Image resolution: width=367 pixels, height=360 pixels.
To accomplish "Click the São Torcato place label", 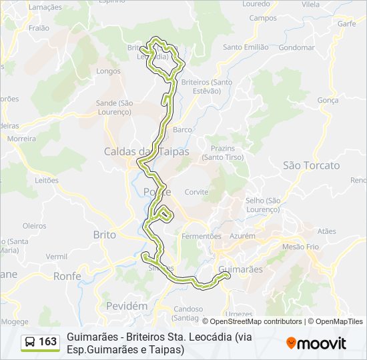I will click(x=311, y=165).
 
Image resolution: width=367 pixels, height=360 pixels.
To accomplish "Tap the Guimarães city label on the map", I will click(x=241, y=269).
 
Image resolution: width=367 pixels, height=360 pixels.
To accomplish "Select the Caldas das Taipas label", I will click(x=146, y=151).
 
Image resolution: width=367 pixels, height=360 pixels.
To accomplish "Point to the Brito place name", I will click(x=104, y=235).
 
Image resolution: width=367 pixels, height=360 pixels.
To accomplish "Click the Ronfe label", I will click(x=67, y=275).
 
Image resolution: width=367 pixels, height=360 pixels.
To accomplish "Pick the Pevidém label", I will click(x=126, y=305).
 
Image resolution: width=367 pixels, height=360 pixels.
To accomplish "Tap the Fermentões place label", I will click(x=202, y=236).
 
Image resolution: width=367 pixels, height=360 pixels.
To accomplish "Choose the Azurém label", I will click(x=242, y=236).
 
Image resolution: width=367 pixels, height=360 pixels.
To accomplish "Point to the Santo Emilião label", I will click(x=246, y=47).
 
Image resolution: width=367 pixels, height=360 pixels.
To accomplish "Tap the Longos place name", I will click(x=108, y=71).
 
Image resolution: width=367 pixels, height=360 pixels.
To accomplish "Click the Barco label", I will click(x=182, y=129).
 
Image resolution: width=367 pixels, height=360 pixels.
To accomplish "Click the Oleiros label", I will click(x=34, y=226).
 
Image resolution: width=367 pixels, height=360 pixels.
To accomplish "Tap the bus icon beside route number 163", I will click(x=30, y=342).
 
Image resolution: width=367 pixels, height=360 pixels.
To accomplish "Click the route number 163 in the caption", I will click(x=48, y=342).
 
